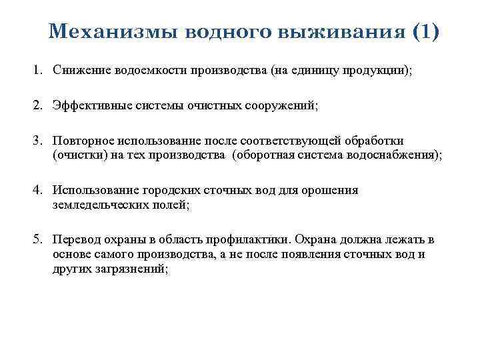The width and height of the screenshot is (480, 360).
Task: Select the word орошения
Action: click(335, 191)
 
